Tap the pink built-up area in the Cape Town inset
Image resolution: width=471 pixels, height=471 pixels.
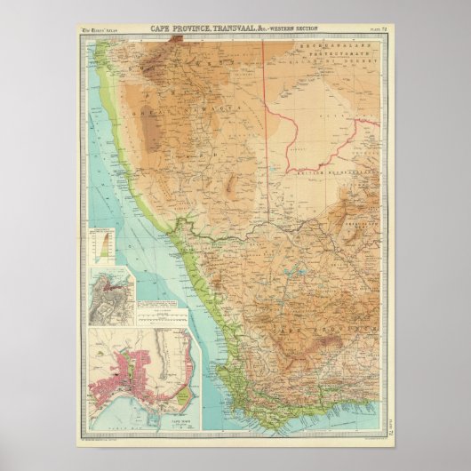click(124, 373)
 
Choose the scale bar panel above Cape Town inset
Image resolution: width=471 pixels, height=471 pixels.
click(161, 315)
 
